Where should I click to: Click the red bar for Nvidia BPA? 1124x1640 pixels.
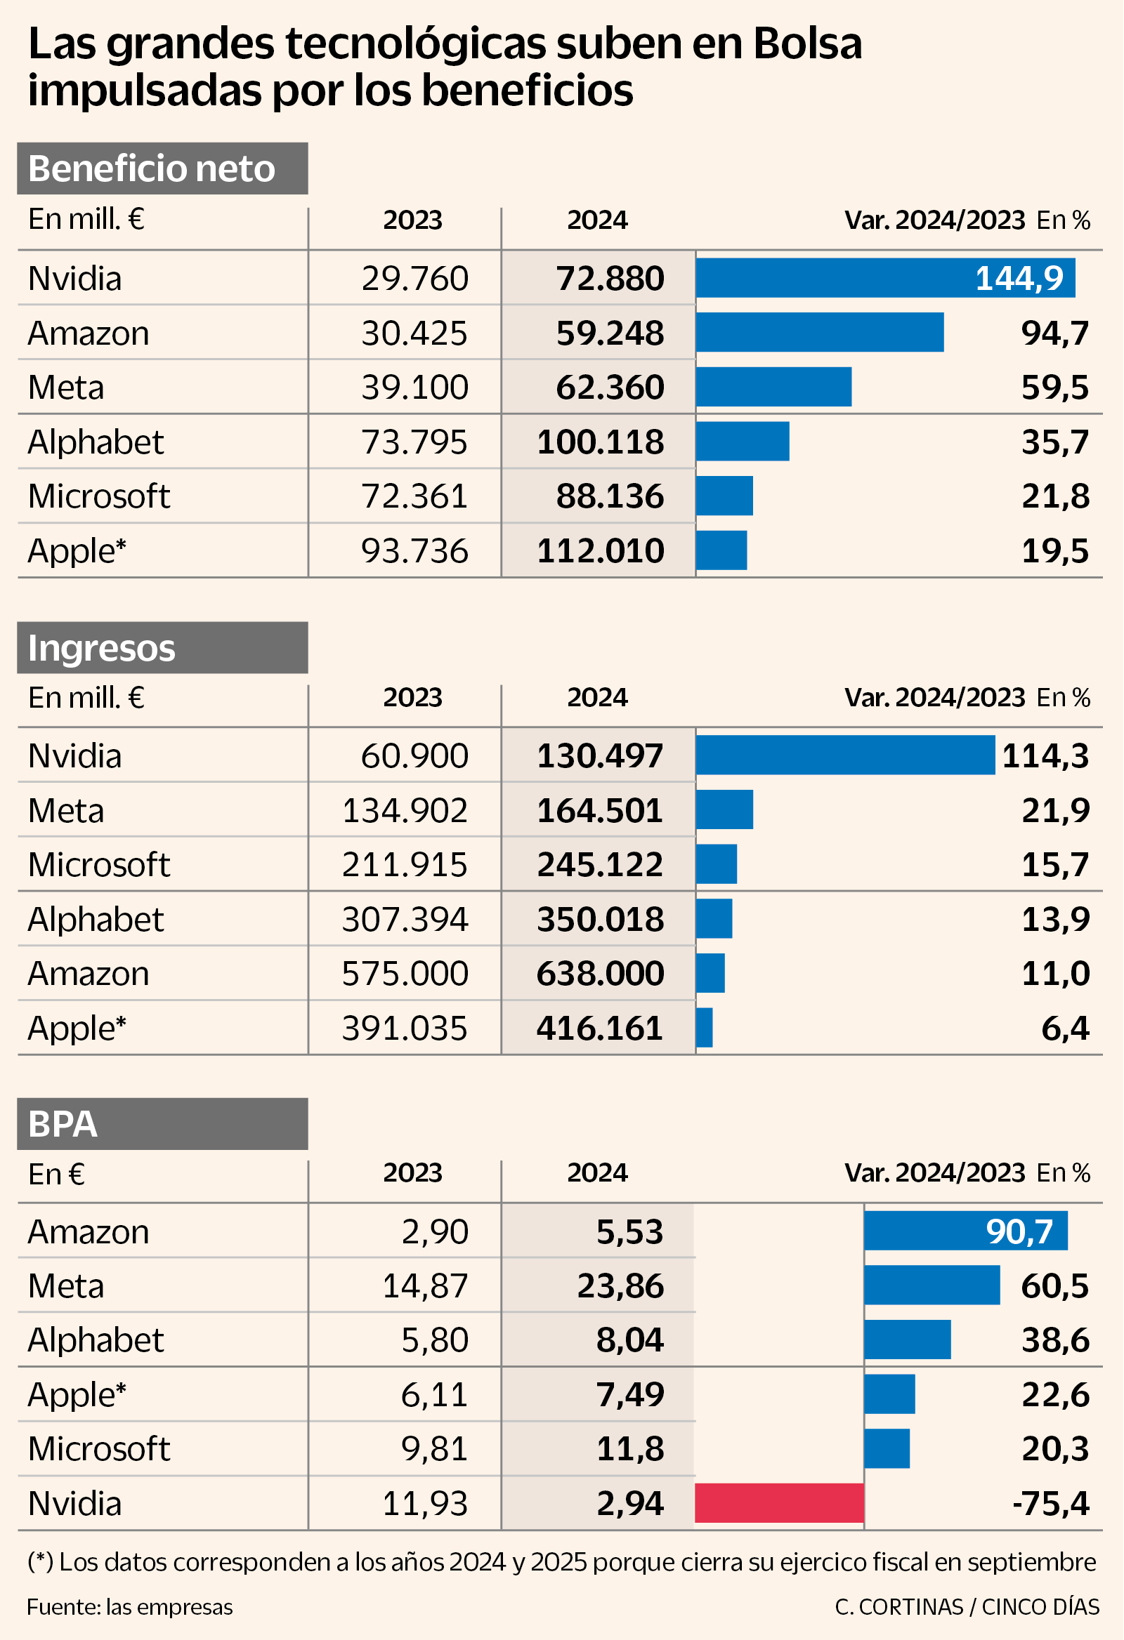(x=779, y=1503)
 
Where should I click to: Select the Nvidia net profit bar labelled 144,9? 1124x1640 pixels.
(x=884, y=278)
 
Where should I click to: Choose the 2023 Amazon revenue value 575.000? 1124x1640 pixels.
(x=405, y=974)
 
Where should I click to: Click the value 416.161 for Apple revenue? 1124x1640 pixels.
(x=600, y=1029)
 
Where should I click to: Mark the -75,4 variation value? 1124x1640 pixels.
(x=1050, y=1504)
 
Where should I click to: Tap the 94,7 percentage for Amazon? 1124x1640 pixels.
(x=1055, y=333)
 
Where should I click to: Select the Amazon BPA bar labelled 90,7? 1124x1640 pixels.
(x=965, y=1231)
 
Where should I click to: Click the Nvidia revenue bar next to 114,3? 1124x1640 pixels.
(x=844, y=755)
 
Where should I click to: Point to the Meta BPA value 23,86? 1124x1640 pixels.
(x=620, y=1285)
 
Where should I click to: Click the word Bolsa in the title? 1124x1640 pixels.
(x=808, y=44)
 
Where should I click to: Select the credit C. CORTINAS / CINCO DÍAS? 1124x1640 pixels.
(x=967, y=1607)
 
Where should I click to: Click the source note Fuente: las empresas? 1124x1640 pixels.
(x=130, y=1607)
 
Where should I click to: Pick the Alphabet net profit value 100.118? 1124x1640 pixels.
(x=600, y=442)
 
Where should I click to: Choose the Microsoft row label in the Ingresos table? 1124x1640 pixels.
(x=99, y=864)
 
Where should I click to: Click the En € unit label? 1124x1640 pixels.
(x=56, y=1175)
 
